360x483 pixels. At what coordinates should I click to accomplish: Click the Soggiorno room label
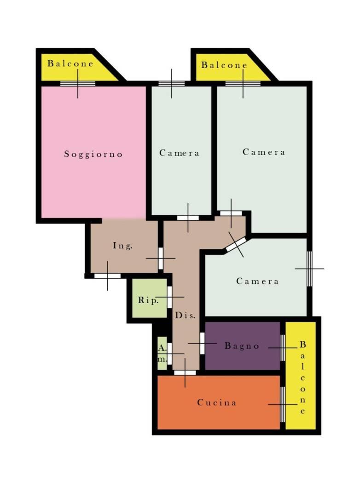[x=93, y=154]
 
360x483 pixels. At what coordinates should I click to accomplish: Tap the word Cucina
[x=217, y=402]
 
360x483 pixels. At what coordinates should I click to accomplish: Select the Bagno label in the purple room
[x=242, y=346]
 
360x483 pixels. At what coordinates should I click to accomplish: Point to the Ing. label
[x=122, y=246]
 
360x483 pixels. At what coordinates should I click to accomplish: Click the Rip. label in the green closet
[x=148, y=300]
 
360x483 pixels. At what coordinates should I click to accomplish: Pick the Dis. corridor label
[x=185, y=315]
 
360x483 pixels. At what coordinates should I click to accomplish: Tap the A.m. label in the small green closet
[x=162, y=353]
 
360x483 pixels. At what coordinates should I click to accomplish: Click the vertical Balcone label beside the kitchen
[x=302, y=378]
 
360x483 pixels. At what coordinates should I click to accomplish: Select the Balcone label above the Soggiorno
[x=70, y=63]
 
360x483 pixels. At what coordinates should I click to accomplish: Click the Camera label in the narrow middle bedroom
[x=179, y=153]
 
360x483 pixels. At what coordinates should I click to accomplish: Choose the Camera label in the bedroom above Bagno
[x=257, y=281]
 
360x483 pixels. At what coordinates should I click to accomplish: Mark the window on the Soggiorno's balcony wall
[x=78, y=83]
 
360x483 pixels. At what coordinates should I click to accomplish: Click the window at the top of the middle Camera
[x=172, y=83]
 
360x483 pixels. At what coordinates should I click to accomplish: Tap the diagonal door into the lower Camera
[x=236, y=244]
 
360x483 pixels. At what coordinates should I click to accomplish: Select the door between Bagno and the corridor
[x=202, y=343]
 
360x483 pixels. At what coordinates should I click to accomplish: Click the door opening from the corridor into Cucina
[x=185, y=373]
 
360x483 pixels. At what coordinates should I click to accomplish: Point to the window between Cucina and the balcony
[x=283, y=404]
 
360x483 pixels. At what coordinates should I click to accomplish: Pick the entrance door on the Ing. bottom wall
[x=107, y=276]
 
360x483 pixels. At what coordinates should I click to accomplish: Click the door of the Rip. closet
[x=169, y=297]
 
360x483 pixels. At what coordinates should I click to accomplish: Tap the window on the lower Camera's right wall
[x=309, y=269]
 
